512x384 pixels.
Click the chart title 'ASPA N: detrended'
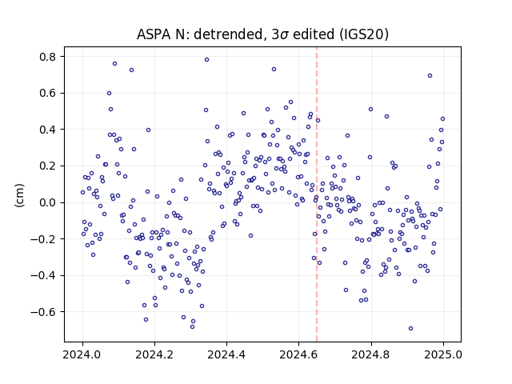pyautogui.click(x=200, y=34)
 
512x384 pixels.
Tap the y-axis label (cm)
pyautogui.click(x=19, y=195)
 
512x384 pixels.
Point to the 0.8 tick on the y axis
pyautogui.click(x=48, y=57)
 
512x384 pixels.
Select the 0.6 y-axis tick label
pyautogui.click(x=48, y=94)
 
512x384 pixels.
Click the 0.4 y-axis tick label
pyautogui.click(x=48, y=130)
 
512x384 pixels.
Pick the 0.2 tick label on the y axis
pyautogui.click(x=48, y=166)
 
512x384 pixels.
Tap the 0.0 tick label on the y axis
pyautogui.click(x=48, y=202)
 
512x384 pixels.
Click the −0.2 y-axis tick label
pyautogui.click(x=44, y=239)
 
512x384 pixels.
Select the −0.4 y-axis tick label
pyautogui.click(x=44, y=275)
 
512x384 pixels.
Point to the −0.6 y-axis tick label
pyautogui.click(x=44, y=312)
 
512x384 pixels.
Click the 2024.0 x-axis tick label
pyautogui.click(x=82, y=354)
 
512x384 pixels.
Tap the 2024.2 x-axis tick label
pyautogui.click(x=154, y=354)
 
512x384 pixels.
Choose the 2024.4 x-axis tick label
pyautogui.click(x=226, y=354)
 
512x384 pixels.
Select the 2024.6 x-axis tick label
pyautogui.click(x=298, y=354)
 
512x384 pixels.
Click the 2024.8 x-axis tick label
pyautogui.click(x=371, y=354)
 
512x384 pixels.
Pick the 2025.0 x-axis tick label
pyautogui.click(x=443, y=354)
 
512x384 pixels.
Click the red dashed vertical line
pyautogui.click(x=317, y=194)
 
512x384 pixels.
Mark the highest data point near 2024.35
pyautogui.click(x=206, y=60)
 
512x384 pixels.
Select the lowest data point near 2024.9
pyautogui.click(x=410, y=329)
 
